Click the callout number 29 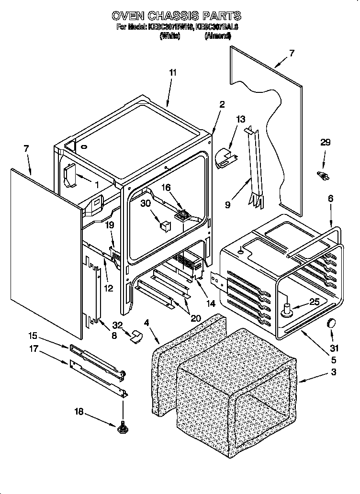[x=325, y=142]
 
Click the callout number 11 [x=173, y=72]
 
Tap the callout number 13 [x=240, y=119]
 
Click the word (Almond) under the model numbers [x=215, y=35]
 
